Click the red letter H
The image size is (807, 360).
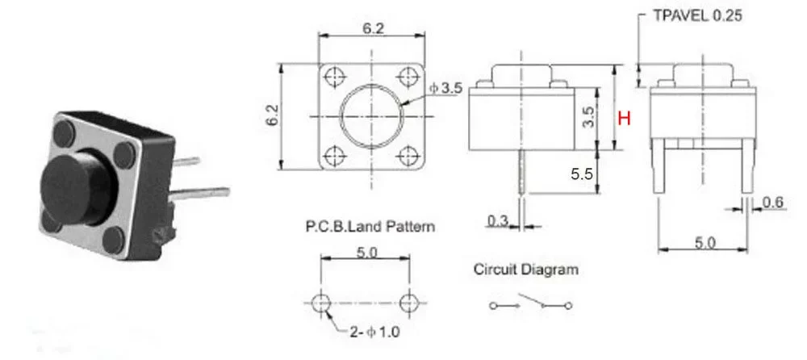[623, 119]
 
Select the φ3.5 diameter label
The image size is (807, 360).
[445, 89]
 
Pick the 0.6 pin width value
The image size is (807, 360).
[773, 203]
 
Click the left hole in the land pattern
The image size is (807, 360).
[321, 303]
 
